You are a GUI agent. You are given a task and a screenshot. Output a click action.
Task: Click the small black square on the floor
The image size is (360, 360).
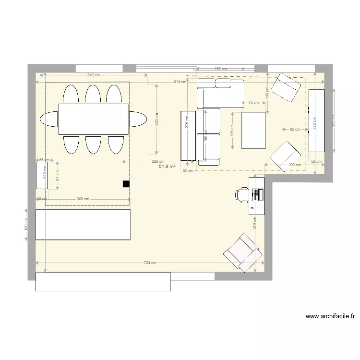pyautogui.click(x=126, y=183)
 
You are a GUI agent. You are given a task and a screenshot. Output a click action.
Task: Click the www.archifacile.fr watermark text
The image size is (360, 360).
pyautogui.click(x=330, y=316)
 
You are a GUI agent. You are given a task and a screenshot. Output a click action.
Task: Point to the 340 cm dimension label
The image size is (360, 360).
pyautogui.click(x=94, y=75)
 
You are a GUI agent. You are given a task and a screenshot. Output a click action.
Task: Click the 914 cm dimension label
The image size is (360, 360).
pyautogui.click(x=180, y=82)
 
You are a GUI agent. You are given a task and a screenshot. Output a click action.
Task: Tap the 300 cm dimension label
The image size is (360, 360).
pyautogui.click(x=83, y=198)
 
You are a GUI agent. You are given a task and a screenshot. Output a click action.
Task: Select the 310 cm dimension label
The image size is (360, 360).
pyautogui.click(x=255, y=223)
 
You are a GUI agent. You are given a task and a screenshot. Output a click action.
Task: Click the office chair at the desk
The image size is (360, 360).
pyautogui.click(x=241, y=193)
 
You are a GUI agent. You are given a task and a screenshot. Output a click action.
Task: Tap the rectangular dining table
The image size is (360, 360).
pyautogui.click(x=94, y=119)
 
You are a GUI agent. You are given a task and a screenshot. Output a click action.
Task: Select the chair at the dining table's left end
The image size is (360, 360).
pyautogui.click(x=50, y=119)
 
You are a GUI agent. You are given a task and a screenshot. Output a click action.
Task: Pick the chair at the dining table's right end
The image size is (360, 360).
pyautogui.click(x=138, y=119)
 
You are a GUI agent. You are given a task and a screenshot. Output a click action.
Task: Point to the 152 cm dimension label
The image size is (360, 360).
pyautogui.click(x=220, y=69)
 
